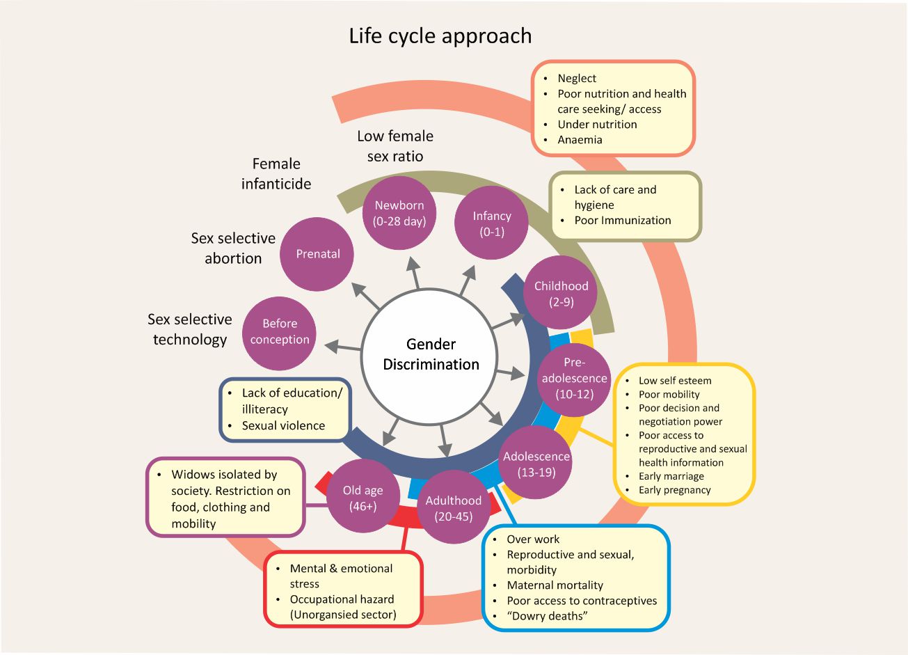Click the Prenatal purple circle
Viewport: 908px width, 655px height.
pyautogui.click(x=317, y=254)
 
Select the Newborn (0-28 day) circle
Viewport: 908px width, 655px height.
pyautogui.click(x=399, y=213)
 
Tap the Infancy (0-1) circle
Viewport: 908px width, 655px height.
pyautogui.click(x=491, y=223)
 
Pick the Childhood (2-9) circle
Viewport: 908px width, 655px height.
pyautogui.click(x=561, y=293)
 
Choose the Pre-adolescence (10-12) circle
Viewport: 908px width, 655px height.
pyautogui.click(x=574, y=378)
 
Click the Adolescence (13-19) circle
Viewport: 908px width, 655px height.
pyautogui.click(x=536, y=464)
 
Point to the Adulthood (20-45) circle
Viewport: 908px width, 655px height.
pyautogui.click(x=454, y=508)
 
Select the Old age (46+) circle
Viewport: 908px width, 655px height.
pyautogui.click(x=363, y=498)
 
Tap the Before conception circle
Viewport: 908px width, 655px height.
pyautogui.click(x=280, y=332)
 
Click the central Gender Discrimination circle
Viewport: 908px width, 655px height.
pyautogui.click(x=431, y=354)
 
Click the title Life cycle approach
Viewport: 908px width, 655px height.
pyautogui.click(x=440, y=35)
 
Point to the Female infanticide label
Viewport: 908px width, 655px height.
pyautogui.click(x=276, y=173)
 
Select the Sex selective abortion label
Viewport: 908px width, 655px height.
pyautogui.click(x=233, y=248)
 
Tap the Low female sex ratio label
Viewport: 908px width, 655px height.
pyautogui.click(x=395, y=145)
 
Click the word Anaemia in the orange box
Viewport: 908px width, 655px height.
pyautogui.click(x=580, y=140)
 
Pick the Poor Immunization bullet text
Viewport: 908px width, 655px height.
pyautogui.click(x=623, y=221)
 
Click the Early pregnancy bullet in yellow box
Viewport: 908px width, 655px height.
pyautogui.click(x=674, y=490)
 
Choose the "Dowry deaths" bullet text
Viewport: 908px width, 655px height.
pyautogui.click(x=547, y=616)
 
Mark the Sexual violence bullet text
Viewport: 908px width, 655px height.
pyautogui.click(x=283, y=426)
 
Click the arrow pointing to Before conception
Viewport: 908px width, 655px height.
pyautogui.click(x=342, y=345)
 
